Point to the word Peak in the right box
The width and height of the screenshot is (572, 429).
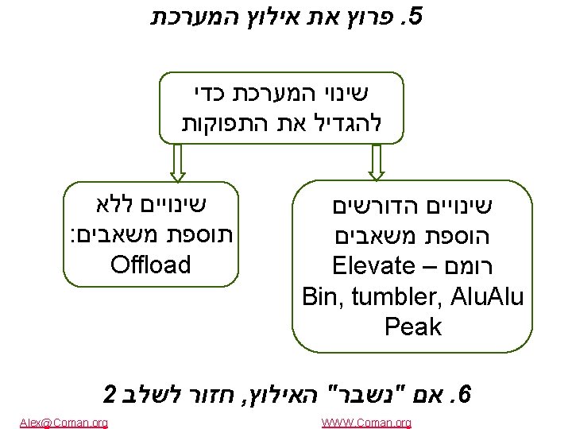[x=412, y=326]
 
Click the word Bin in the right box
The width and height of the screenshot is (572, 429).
[x=319, y=296]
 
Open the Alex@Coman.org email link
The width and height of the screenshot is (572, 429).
[x=64, y=423]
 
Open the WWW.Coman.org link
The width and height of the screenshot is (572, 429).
[x=366, y=423]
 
